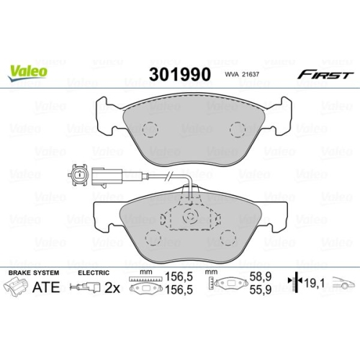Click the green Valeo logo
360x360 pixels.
tap(27, 73)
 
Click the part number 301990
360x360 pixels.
tap(180, 74)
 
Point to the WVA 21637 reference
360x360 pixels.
tap(242, 74)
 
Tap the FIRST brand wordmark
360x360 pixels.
tap(325, 75)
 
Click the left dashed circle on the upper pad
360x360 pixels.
tap(150, 130)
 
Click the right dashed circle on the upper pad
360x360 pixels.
tap(238, 130)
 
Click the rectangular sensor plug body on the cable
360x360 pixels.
tap(107, 177)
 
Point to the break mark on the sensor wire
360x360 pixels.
tap(168, 176)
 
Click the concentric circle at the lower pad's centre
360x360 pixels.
tap(191, 217)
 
